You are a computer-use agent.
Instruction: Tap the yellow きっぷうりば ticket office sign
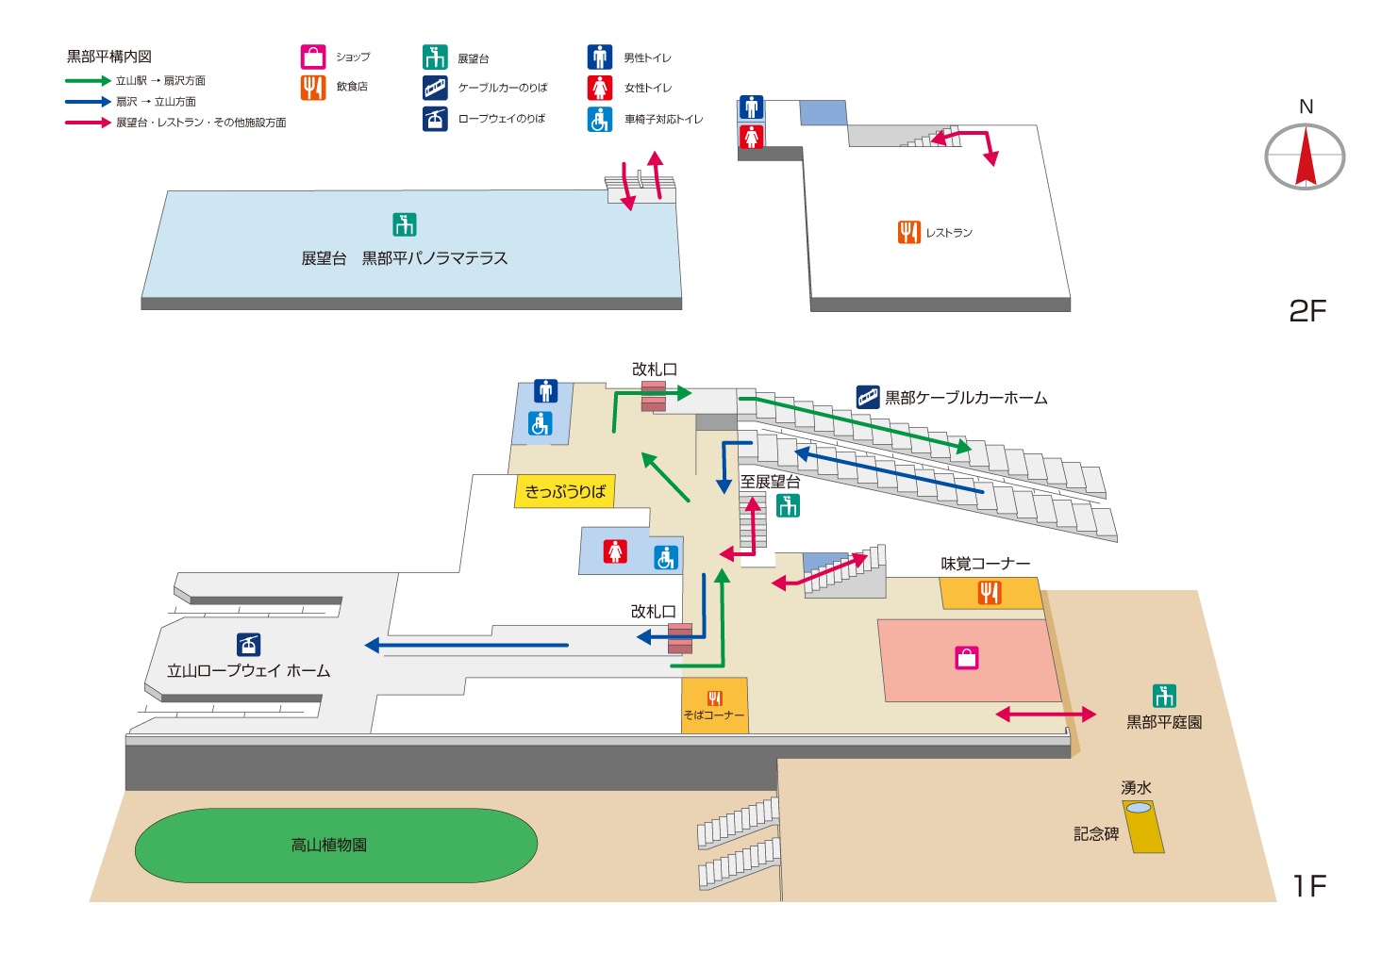pyautogui.click(x=565, y=491)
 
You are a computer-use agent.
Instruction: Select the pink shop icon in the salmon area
pyautogui.click(x=967, y=658)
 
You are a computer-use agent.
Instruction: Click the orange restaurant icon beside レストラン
pyautogui.click(x=908, y=232)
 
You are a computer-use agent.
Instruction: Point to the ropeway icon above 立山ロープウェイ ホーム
pyautogui.click(x=248, y=644)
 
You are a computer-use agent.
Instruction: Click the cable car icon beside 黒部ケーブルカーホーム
pyautogui.click(x=868, y=397)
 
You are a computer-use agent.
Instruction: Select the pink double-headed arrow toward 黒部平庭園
pyautogui.click(x=1045, y=715)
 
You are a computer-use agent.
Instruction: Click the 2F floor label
pyautogui.click(x=1307, y=311)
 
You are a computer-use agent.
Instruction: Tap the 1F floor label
pyautogui.click(x=1309, y=886)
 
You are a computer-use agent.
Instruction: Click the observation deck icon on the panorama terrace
pyautogui.click(x=404, y=225)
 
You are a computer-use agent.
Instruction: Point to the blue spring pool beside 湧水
pyautogui.click(x=1139, y=808)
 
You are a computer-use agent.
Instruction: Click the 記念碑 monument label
pyautogui.click(x=1096, y=834)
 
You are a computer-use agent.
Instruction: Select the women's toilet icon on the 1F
pyautogui.click(x=615, y=550)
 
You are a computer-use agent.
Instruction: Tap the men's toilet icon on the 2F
pyautogui.click(x=751, y=108)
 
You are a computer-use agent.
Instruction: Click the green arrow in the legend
pyautogui.click(x=88, y=81)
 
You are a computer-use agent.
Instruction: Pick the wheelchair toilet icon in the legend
pyautogui.click(x=600, y=120)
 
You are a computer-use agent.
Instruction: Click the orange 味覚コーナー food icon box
pyautogui.click(x=989, y=593)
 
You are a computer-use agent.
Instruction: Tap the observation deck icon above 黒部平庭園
pyautogui.click(x=1164, y=696)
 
